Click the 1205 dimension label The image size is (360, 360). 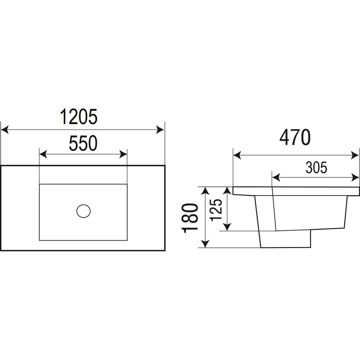click(79, 117)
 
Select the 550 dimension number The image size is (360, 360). click(84, 144)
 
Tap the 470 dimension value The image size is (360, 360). click(295, 138)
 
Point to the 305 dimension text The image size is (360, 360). click(316, 168)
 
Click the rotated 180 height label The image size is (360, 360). click(190, 218)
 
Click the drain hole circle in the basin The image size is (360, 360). click(84, 211)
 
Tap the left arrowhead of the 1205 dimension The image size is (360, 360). click(5, 130)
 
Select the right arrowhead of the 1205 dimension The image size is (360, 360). click(160, 130)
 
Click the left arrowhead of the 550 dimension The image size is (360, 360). click(43, 154)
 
